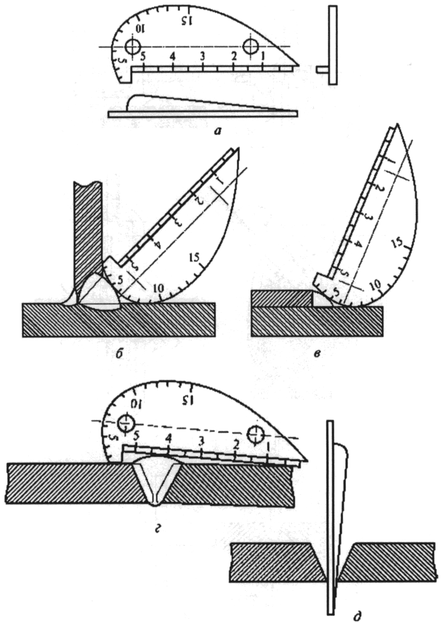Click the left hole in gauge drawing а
point(132,47)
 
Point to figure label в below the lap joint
point(317,354)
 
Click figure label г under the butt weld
point(159,529)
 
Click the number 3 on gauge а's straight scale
point(203,57)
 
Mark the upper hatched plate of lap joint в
point(281,298)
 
